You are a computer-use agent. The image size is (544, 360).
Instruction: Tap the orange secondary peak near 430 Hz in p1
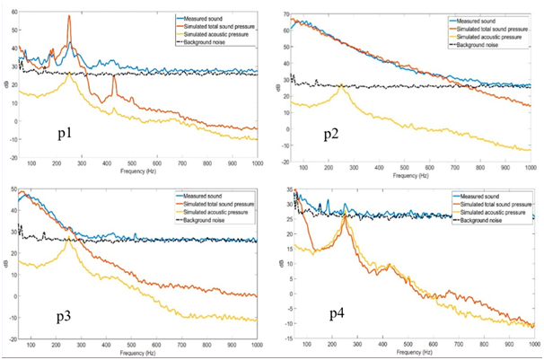click(x=115, y=77)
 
